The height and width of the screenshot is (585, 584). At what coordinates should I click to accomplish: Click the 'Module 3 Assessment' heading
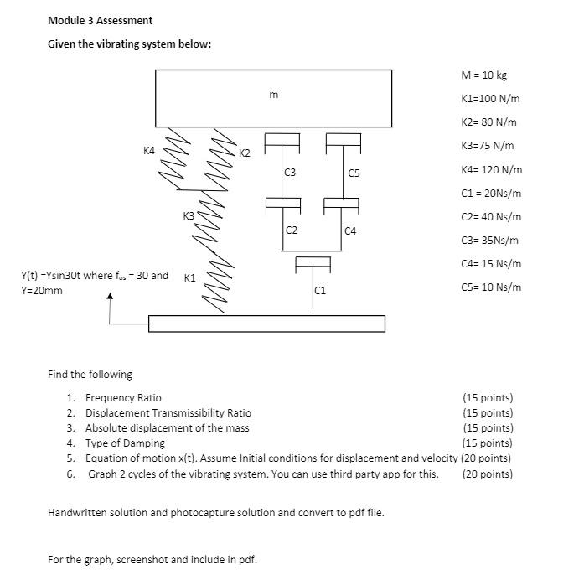(x=100, y=20)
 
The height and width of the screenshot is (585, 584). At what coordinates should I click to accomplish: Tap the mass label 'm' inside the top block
(x=273, y=96)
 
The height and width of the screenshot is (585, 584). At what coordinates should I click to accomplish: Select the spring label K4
(x=149, y=151)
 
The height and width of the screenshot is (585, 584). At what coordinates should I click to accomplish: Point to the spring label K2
(x=244, y=153)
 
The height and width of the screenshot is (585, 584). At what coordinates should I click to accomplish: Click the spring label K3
(x=189, y=216)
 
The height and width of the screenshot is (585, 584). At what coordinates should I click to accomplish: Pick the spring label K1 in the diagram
(x=190, y=277)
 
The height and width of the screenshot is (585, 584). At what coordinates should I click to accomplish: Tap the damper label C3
(x=290, y=173)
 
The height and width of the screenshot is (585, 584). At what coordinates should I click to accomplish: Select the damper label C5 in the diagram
(x=354, y=173)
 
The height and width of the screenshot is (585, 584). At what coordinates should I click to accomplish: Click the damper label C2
(x=291, y=230)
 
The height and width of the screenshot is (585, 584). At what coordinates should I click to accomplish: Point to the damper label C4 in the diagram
(x=350, y=230)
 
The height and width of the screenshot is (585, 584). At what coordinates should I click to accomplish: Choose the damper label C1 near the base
(x=320, y=291)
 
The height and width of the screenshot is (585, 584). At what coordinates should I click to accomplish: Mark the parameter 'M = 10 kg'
(x=484, y=75)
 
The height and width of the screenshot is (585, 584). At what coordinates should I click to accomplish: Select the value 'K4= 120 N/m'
(x=491, y=169)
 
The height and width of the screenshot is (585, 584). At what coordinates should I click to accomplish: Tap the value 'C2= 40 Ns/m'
(x=491, y=216)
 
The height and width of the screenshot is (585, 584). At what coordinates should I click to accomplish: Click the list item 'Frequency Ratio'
(x=123, y=397)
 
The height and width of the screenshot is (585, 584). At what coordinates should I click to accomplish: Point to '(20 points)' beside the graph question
(x=487, y=474)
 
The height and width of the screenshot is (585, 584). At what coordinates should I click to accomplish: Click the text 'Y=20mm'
(x=41, y=291)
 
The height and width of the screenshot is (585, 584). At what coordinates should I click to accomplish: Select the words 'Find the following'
(x=90, y=374)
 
